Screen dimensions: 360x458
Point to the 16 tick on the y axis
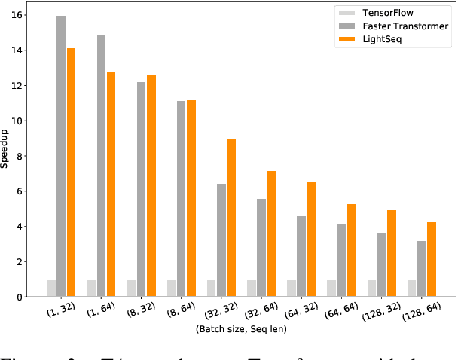(17, 15)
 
